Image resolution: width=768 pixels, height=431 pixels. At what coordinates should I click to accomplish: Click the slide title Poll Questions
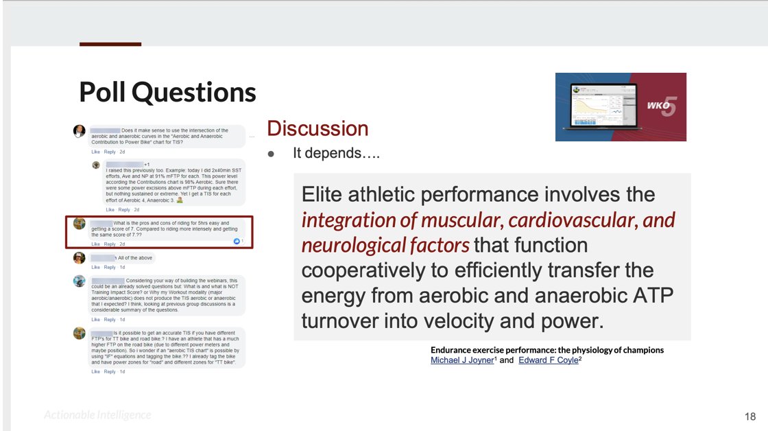167,92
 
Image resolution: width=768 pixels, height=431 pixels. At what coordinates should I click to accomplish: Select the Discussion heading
317,128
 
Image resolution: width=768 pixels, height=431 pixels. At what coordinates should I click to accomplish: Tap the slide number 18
749,416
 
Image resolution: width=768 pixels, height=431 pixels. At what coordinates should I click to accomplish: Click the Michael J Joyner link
461,360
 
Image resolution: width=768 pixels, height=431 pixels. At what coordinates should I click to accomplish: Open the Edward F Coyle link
548,360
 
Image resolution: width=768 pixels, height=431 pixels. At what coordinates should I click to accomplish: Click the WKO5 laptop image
620,106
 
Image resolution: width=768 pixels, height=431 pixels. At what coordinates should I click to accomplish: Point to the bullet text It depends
336,154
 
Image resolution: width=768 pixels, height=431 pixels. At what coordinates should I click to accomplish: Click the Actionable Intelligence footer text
97,415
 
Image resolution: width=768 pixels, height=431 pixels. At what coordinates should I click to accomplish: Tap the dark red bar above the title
110,44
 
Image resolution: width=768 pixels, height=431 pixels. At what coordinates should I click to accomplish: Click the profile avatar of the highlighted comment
80,224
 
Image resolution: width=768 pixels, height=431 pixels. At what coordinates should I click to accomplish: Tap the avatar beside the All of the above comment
80,258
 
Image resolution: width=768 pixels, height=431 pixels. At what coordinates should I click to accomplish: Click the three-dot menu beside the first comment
252,136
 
